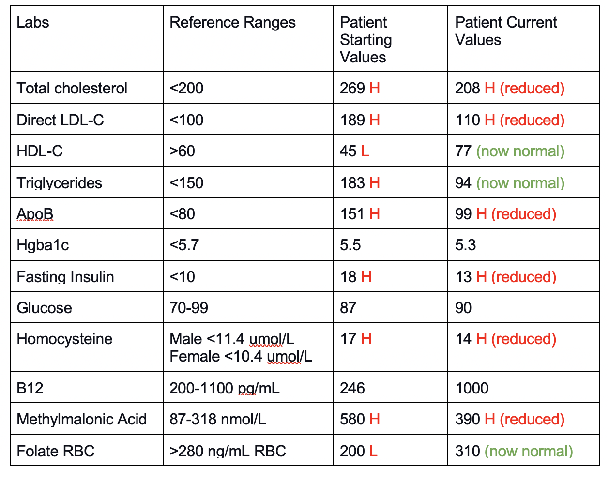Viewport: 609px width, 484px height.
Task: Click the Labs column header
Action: [x=33, y=22]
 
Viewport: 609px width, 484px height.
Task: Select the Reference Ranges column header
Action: [x=232, y=22]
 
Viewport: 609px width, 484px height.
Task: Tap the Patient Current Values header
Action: [x=505, y=31]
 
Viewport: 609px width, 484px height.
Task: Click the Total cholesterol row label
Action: [x=72, y=88]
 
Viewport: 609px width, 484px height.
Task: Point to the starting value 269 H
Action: [x=360, y=88]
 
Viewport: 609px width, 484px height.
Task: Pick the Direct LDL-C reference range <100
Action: [x=186, y=120]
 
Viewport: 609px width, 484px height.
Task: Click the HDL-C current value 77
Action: [x=463, y=151]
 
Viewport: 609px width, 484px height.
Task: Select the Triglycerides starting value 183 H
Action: [x=360, y=183]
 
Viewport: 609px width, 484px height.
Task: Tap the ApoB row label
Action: [x=35, y=214]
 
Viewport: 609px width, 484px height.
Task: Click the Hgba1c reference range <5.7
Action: [x=184, y=245]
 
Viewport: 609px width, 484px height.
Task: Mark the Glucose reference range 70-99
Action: [x=189, y=308]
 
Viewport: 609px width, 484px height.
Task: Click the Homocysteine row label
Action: [x=64, y=339]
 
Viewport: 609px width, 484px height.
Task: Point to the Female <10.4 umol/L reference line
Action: [x=241, y=356]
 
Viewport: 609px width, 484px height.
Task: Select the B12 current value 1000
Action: [x=472, y=388]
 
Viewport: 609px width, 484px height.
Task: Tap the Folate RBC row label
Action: [x=56, y=451]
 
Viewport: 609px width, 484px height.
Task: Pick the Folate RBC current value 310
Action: [x=468, y=451]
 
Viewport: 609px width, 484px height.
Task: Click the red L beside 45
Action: [x=365, y=151]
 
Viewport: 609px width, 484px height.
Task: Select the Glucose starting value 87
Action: [x=348, y=308]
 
